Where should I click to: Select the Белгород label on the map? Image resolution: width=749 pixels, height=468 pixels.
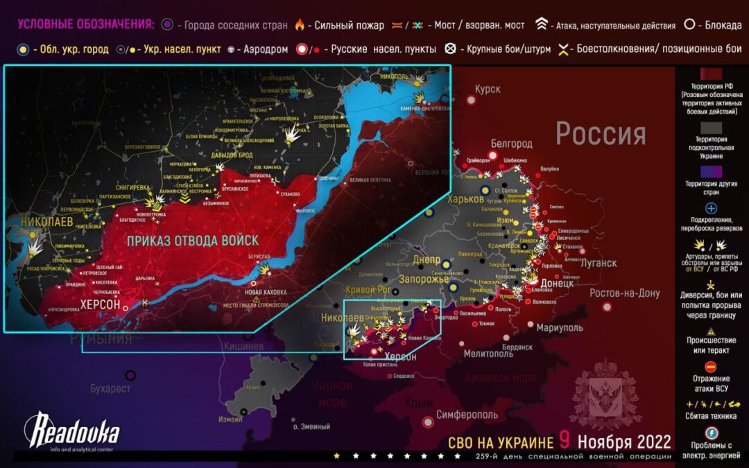[511, 144]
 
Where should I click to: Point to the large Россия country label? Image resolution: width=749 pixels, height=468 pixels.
[601, 133]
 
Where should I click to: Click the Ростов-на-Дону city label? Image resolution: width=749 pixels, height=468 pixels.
[625, 293]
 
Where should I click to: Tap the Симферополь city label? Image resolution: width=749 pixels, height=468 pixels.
[467, 415]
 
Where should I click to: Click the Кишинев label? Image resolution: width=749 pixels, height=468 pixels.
[243, 346]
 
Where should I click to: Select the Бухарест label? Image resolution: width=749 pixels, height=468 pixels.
[110, 389]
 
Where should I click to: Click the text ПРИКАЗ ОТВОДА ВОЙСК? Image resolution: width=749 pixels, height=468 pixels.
[193, 241]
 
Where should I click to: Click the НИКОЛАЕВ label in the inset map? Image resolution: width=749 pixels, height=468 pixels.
[47, 221]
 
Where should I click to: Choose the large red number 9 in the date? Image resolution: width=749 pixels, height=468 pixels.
[565, 441]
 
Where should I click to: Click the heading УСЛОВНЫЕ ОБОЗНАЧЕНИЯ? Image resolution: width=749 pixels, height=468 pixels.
[86, 25]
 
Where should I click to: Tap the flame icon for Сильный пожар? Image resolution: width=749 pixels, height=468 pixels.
[300, 26]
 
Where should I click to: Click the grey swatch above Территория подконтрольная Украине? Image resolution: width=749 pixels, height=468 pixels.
[711, 129]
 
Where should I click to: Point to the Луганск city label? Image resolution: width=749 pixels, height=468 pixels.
[597, 263]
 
